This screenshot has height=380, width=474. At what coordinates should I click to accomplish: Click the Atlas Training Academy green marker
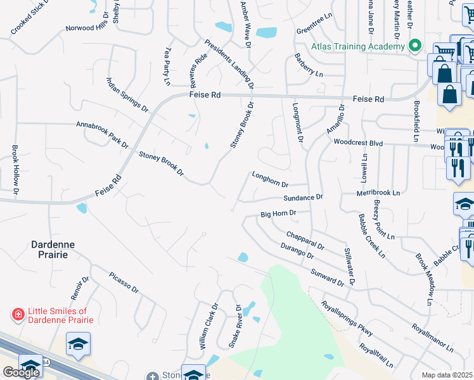point(415,46)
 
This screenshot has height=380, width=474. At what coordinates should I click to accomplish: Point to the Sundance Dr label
point(304,198)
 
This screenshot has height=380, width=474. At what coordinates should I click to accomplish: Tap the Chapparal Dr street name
point(305,241)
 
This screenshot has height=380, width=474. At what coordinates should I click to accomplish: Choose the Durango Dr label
point(297,251)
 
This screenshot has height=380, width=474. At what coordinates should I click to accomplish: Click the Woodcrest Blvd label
point(359,143)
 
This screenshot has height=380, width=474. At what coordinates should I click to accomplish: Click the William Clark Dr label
point(209,327)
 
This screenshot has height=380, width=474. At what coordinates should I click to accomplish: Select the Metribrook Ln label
point(378,192)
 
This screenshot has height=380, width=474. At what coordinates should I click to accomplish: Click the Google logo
point(21,372)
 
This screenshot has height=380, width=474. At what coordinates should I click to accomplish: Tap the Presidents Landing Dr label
point(229,64)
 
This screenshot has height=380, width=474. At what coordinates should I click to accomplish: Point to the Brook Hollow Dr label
point(16,169)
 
